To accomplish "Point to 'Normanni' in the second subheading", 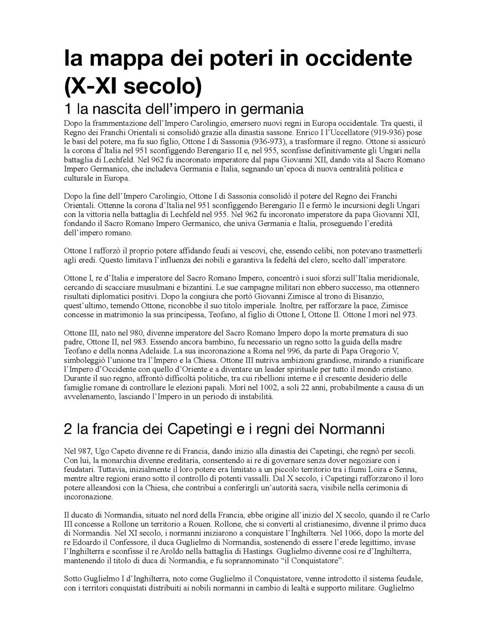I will (x=351, y=429).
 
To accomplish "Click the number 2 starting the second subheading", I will (x=68, y=429).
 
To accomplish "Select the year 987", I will (x=84, y=451).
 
